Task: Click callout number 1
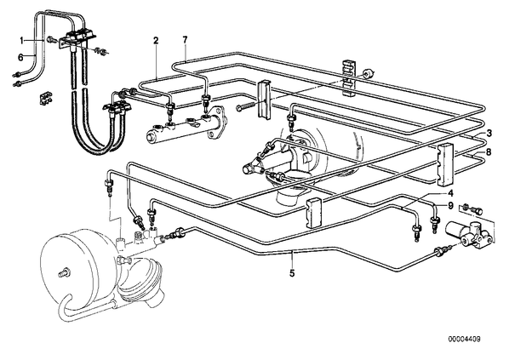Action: [22, 41]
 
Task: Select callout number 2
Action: [156, 41]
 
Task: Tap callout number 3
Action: [489, 133]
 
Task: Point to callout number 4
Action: [450, 193]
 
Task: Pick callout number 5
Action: [292, 273]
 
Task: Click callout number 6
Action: [20, 58]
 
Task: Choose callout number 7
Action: [185, 40]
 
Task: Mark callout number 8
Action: [489, 151]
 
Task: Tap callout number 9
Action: [450, 205]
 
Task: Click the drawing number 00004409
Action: [465, 340]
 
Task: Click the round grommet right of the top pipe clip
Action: [367, 73]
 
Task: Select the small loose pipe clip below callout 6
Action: [45, 99]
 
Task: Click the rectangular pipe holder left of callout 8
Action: [446, 164]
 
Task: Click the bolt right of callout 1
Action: [51, 40]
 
